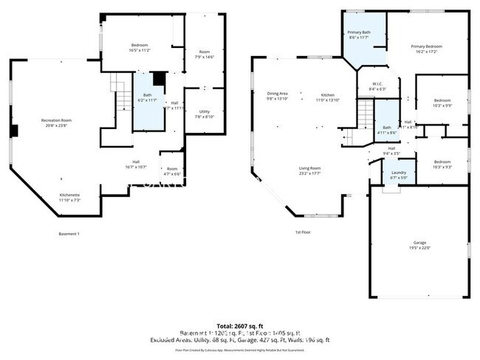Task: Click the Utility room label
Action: point(205,114)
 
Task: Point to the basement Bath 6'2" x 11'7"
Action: point(147,97)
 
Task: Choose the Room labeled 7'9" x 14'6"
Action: point(205,54)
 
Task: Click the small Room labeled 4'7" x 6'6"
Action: point(172,172)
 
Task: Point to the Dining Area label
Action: point(278,96)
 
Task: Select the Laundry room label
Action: point(400,174)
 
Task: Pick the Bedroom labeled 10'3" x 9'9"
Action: point(442,103)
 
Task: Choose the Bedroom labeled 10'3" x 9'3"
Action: point(442,164)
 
